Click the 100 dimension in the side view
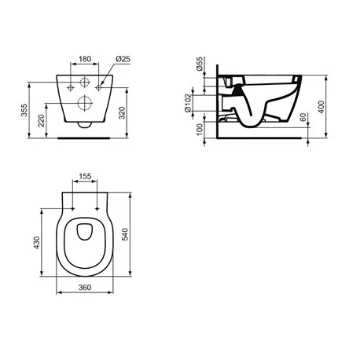tap(200, 127)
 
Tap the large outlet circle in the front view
tap(83, 101)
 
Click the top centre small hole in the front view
tap(83, 82)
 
